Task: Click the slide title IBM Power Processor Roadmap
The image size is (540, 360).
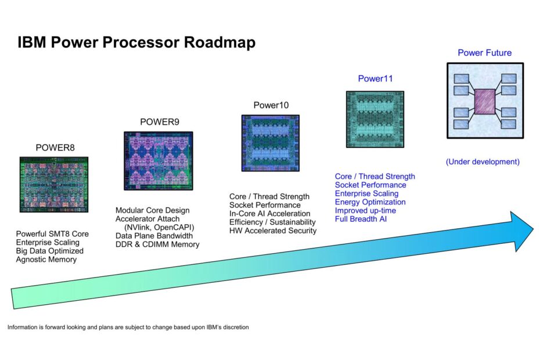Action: pyautogui.click(x=136, y=43)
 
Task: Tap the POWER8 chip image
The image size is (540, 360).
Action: pyautogui.click(x=54, y=185)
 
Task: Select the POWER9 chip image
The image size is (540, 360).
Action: pyautogui.click(x=158, y=160)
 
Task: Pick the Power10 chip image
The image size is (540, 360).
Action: pyautogui.click(x=270, y=143)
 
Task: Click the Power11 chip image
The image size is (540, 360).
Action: pyautogui.click(x=375, y=120)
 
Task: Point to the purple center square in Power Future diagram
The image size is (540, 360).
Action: pyautogui.click(x=485, y=101)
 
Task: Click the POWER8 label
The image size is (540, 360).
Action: pyautogui.click(x=53, y=147)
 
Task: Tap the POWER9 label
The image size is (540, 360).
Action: pyautogui.click(x=157, y=122)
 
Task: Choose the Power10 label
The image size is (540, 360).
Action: pyautogui.click(x=271, y=105)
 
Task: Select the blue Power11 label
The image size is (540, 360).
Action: pyautogui.click(x=375, y=79)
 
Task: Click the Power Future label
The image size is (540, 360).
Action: pyautogui.click(x=484, y=53)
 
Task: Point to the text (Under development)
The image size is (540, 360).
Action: pyautogui.click(x=483, y=162)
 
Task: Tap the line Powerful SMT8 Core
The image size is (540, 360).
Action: pyautogui.click(x=52, y=233)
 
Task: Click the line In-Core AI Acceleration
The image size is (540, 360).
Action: pyautogui.click(x=269, y=214)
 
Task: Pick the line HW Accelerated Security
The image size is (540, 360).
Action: pyautogui.click(x=273, y=231)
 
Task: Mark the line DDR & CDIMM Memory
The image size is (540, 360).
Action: pyautogui.click(x=157, y=244)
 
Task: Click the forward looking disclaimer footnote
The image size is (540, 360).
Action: pyautogui.click(x=128, y=327)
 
